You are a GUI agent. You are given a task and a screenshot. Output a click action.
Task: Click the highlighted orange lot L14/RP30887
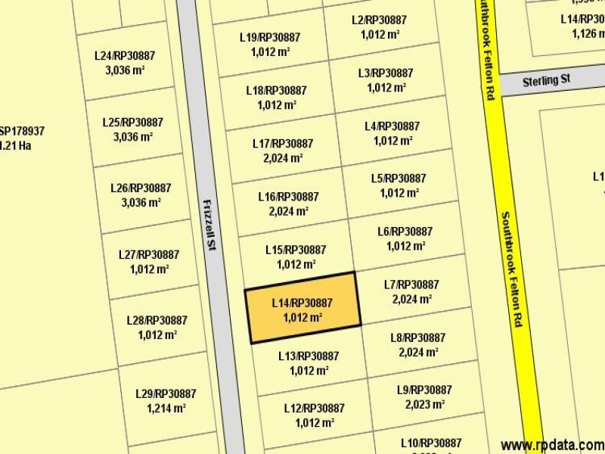[x=302, y=309]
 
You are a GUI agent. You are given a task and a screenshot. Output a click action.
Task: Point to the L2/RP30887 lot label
[x=380, y=20]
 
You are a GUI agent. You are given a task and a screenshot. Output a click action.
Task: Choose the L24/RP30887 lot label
[x=125, y=55]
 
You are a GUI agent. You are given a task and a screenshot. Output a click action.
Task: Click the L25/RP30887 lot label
[x=132, y=122]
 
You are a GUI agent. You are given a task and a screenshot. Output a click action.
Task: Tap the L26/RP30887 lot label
[x=141, y=188]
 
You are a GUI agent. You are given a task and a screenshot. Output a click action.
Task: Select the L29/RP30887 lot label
[x=166, y=393]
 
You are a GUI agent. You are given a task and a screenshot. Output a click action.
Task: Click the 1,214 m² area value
[x=166, y=409]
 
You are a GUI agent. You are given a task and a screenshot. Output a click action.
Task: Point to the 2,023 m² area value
[x=424, y=404]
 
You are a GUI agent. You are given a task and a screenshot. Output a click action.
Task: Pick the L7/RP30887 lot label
[x=411, y=285]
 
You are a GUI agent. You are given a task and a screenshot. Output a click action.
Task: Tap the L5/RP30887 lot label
[x=399, y=179]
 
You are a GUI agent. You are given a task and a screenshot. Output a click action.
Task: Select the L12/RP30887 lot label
[x=315, y=408]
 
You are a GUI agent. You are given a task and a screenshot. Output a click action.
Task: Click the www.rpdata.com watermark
[x=553, y=444]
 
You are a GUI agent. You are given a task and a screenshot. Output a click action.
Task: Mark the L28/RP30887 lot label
[x=157, y=320]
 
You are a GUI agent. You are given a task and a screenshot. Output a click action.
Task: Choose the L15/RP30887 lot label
[x=296, y=250]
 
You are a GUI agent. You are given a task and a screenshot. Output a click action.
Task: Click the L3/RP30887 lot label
[x=386, y=73]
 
